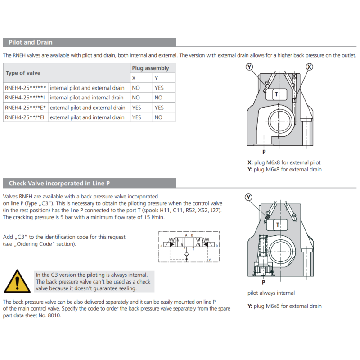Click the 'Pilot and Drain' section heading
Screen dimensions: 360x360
click(30, 42)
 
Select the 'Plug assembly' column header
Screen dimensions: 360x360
click(150, 68)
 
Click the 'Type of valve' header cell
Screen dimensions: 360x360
click(23, 73)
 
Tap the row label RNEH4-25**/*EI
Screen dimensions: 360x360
click(25, 117)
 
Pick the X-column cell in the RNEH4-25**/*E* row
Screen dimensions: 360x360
click(136, 108)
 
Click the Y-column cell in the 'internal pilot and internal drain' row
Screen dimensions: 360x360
click(158, 98)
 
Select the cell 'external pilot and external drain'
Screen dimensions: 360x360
click(87, 108)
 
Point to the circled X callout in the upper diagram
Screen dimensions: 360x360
click(309, 67)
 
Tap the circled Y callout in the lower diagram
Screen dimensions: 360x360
click(249, 197)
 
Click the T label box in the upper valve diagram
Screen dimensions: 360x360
click(277, 94)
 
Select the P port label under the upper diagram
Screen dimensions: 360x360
click(264, 152)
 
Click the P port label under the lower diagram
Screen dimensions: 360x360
click(263, 282)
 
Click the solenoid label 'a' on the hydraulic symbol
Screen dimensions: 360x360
click(161, 246)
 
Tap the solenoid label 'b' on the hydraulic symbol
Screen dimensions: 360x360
click(217, 246)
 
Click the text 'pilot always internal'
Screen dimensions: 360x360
click(271, 293)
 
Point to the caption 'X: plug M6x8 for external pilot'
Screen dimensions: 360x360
click(284, 162)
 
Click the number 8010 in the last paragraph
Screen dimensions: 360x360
click(54, 315)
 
